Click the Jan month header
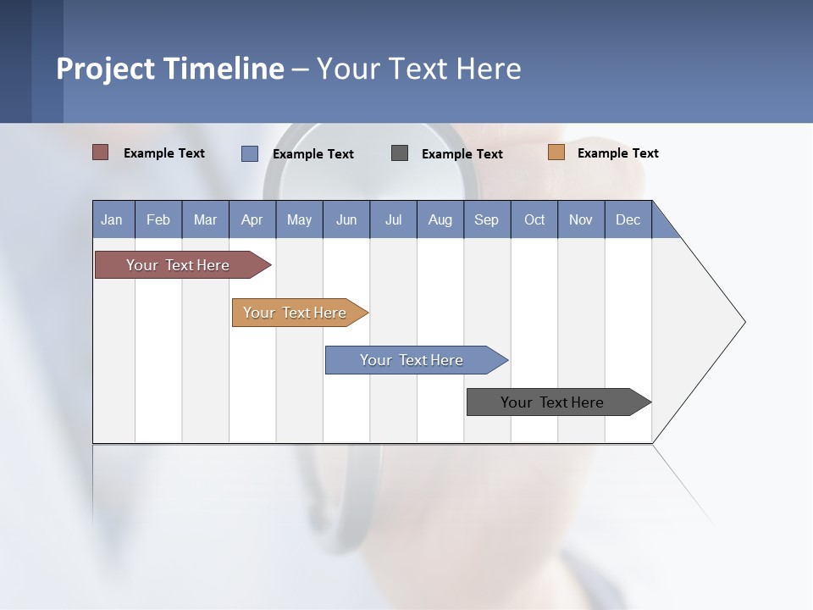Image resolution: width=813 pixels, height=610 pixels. pos(112,219)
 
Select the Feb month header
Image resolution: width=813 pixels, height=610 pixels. pos(158,219)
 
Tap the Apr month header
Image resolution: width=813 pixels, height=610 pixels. pos(252,219)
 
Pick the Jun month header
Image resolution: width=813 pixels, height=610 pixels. pos(346,219)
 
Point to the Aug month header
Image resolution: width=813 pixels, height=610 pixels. pos(440,219)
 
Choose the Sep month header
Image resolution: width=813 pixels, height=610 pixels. pos(486,219)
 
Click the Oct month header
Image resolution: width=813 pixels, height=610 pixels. pos(534,219)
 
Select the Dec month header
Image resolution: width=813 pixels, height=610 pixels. pos(628,219)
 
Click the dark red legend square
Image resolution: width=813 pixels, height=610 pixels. pos(101,152)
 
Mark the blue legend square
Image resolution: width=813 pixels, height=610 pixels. pos(250,153)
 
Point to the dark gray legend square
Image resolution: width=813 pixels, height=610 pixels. pos(400,152)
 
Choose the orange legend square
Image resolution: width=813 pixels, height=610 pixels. pos(556,152)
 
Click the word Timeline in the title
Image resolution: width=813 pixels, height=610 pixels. pos(224,69)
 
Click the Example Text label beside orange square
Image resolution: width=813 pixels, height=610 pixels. pos(617,152)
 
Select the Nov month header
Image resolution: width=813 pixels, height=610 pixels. pos(580,219)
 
